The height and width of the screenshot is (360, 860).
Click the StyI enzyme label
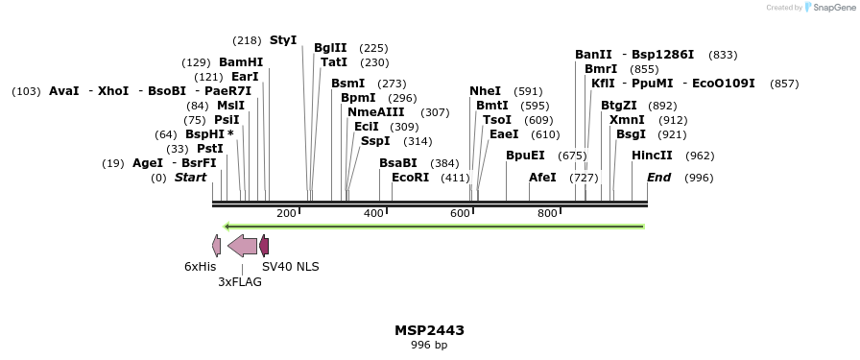point(283,40)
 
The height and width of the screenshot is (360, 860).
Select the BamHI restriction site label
point(240,62)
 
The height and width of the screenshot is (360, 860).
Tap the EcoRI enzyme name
point(410,178)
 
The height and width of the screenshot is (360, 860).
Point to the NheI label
point(485,91)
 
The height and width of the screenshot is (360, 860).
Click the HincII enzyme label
point(652,156)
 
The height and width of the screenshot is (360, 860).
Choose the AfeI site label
point(542,178)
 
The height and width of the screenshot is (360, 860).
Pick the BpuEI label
point(525,156)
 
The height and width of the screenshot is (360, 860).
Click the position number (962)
point(700,156)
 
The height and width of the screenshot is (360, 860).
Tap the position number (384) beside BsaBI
point(444,163)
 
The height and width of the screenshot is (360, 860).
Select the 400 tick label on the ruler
point(373,213)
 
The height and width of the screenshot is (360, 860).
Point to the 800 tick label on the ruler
point(547,213)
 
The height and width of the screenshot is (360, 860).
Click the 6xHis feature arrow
point(217,246)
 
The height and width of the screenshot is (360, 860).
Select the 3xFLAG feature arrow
point(242,246)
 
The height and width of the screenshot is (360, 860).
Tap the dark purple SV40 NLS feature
point(264,246)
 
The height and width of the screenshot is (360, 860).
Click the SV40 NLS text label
point(291,267)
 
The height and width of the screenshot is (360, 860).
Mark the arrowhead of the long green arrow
point(228,227)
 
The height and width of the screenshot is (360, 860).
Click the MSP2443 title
point(429,330)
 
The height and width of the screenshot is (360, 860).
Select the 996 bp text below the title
point(429,345)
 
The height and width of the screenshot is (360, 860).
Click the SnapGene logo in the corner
point(823,8)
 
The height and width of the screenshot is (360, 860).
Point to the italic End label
point(658,178)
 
